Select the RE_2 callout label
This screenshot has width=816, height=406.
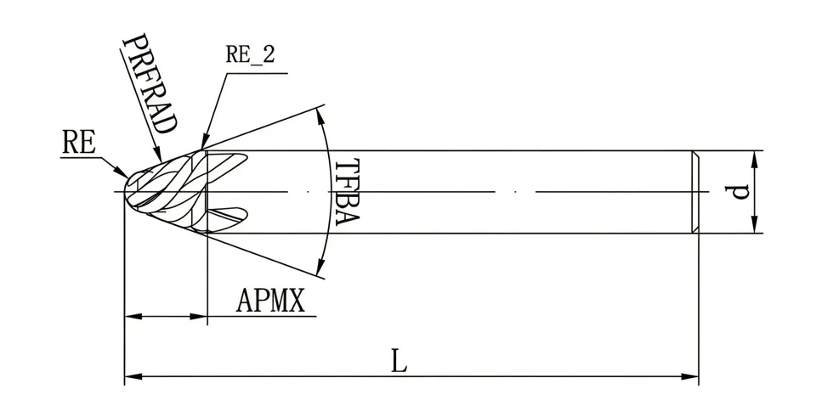coord(250,54)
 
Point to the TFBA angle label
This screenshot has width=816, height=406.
coord(346,191)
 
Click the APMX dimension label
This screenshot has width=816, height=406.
coord(270,301)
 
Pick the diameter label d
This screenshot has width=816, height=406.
coord(738,192)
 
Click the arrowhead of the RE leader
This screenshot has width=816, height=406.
coord(122,172)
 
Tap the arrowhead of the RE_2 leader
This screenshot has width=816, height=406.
coord(203,144)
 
